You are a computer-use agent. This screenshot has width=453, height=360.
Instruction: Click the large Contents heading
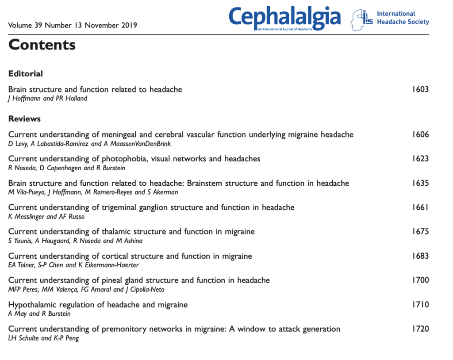click(x=42, y=45)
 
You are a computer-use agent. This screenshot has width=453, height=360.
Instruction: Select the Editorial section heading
click(x=26, y=73)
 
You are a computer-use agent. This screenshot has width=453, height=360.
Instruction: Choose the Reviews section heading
click(x=24, y=119)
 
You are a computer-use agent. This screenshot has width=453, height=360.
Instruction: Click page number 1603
click(x=420, y=89)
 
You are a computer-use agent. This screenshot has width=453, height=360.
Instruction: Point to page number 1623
click(x=420, y=158)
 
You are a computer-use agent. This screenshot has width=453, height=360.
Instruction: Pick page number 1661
click(x=420, y=207)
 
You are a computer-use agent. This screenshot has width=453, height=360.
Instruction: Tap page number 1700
click(x=420, y=280)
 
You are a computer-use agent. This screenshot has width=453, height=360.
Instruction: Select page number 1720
click(x=420, y=329)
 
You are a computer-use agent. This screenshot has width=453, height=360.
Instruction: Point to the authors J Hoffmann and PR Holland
click(x=48, y=98)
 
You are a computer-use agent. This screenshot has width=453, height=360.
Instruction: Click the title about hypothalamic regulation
click(x=98, y=304)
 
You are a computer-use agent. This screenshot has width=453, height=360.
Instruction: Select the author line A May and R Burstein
click(x=39, y=314)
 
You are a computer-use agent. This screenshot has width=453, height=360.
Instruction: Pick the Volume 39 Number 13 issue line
click(x=73, y=25)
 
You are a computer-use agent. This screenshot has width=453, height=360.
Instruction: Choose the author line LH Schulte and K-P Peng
click(x=43, y=338)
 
